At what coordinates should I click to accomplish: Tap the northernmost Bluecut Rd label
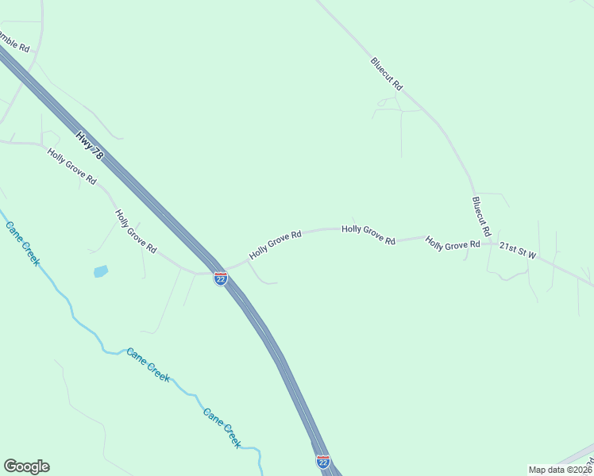tap(387, 73)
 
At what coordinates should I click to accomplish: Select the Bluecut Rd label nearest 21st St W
tap(481, 217)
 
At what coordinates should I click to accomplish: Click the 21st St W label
tap(518, 251)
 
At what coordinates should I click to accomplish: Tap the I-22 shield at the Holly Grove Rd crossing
tap(221, 278)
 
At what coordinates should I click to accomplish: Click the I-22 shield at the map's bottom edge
tap(323, 462)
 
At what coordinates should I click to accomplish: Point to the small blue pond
tap(101, 271)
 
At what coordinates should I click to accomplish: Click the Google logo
tap(26, 466)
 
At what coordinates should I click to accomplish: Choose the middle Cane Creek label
tap(148, 365)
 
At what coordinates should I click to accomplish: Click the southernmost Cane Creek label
tap(222, 428)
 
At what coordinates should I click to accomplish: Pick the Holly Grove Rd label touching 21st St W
tap(453, 244)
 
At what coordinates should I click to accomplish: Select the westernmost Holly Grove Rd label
tap(71, 167)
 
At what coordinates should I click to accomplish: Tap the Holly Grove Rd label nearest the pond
tap(135, 231)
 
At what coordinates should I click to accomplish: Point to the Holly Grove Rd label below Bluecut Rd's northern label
tap(368, 234)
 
